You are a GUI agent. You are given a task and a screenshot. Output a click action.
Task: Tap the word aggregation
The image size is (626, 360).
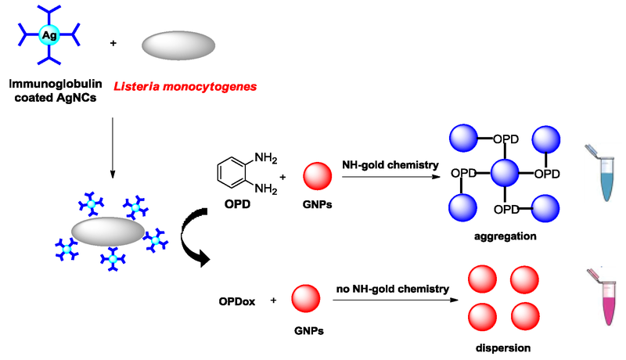(505, 235)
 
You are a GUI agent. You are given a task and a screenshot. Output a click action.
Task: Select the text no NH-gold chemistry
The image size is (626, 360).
(393, 289)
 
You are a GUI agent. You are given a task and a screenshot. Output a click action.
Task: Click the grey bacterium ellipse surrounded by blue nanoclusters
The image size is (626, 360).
(108, 232)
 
